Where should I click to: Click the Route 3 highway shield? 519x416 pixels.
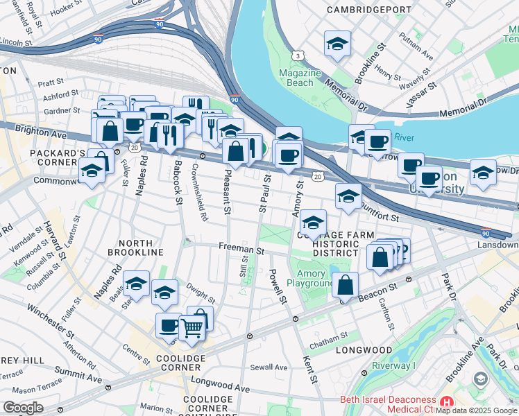pyautogui.click(x=297, y=54)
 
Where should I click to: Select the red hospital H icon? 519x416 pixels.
pyautogui.click(x=447, y=401)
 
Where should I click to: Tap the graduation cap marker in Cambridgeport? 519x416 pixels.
pyautogui.click(x=337, y=44)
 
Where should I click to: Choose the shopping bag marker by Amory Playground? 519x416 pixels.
pyautogui.click(x=345, y=284)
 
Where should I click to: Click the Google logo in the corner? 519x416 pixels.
pyautogui.click(x=23, y=408)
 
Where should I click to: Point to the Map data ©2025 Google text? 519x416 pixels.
pyautogui.click(x=476, y=410)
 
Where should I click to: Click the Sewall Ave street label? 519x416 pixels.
pyautogui.click(x=269, y=367)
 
